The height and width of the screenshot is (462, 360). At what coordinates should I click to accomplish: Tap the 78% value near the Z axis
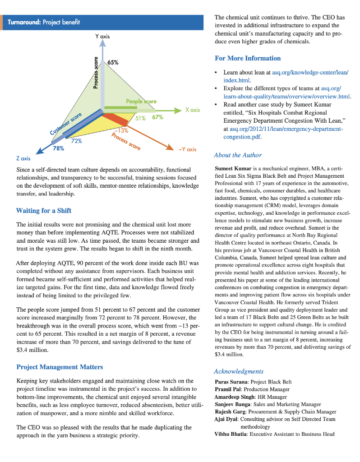[59, 148]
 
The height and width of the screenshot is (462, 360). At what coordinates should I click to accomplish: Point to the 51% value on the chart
[140, 118]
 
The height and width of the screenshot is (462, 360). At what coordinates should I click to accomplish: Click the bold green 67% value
[157, 118]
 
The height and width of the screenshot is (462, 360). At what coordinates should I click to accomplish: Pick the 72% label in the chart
[76, 141]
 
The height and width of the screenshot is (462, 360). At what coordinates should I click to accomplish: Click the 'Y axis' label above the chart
[102, 36]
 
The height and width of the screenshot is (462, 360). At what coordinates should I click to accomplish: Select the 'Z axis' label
[23, 158]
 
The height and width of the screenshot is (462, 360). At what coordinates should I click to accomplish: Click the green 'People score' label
[141, 102]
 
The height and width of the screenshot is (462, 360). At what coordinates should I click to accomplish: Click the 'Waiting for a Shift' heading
[43, 210]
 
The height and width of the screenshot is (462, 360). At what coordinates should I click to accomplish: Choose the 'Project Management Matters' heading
[60, 367]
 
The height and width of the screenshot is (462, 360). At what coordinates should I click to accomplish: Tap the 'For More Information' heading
[248, 58]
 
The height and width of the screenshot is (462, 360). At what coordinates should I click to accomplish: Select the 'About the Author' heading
[238, 155]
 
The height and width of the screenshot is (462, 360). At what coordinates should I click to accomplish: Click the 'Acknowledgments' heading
[239, 371]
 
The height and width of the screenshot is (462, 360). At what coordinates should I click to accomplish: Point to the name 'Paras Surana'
[231, 382]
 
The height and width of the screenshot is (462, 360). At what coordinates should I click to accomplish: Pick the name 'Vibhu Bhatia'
[231, 434]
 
